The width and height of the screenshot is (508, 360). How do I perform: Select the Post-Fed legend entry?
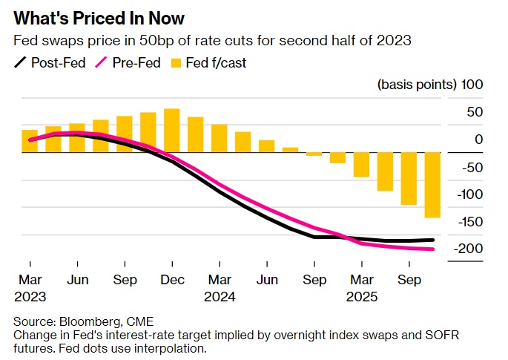tap(56, 62)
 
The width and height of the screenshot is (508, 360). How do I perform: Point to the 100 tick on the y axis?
tap(472, 85)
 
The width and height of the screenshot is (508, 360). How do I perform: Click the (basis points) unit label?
tap(416, 85)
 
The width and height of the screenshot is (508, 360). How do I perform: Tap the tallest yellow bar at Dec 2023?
tap(172, 131)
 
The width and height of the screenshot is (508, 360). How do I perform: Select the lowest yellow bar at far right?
tap(432, 185)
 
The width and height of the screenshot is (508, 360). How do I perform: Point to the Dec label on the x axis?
tap(171, 281)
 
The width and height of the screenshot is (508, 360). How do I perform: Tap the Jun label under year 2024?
tap(267, 281)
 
